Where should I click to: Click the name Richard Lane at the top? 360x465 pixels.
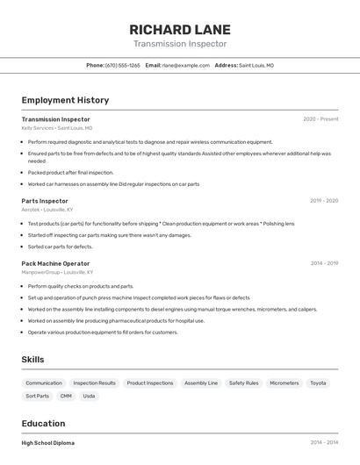[x=180, y=28]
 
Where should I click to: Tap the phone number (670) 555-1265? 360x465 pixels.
[x=123, y=65]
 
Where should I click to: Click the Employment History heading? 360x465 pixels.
[x=65, y=100]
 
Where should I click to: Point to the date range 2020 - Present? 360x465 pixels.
[x=320, y=119]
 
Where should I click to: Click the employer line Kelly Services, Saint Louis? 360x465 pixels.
[x=56, y=128]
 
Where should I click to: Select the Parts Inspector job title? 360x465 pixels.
[x=45, y=201]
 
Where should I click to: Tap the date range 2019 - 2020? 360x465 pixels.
[x=324, y=201]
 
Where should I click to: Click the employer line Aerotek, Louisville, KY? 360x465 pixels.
[x=47, y=210]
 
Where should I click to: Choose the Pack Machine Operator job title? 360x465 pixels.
[x=55, y=263]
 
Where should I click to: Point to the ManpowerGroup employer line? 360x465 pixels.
[x=59, y=272]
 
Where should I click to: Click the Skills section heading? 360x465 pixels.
[x=32, y=360]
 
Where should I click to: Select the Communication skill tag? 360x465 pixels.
[x=44, y=383]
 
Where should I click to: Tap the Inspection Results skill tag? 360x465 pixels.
[x=94, y=383]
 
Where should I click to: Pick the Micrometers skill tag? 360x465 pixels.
[x=284, y=383]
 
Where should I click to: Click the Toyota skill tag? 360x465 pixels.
[x=318, y=383]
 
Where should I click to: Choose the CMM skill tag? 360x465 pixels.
[x=66, y=396]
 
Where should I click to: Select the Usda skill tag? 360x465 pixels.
[x=89, y=396]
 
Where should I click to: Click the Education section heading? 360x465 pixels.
[x=43, y=423]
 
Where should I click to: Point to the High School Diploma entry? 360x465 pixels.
[x=48, y=443]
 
